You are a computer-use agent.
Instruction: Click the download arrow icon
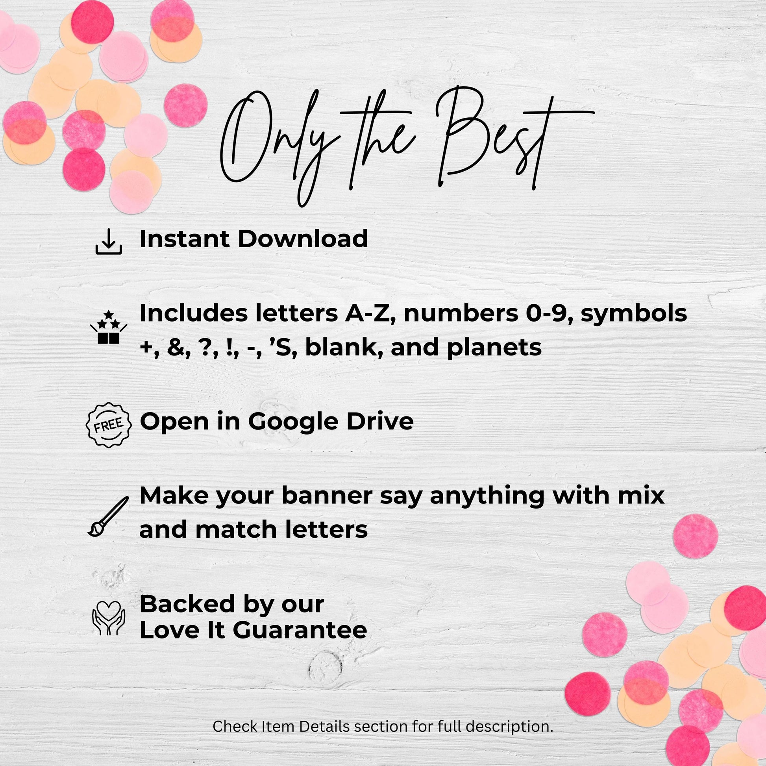(109, 242)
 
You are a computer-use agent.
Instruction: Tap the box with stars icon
(109, 327)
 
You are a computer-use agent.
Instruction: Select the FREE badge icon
(109, 425)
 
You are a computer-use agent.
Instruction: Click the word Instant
(184, 239)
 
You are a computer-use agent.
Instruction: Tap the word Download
(303, 239)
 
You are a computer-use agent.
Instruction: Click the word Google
(293, 422)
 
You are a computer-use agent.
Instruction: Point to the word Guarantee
(300, 630)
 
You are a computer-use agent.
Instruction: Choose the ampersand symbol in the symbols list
(174, 348)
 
